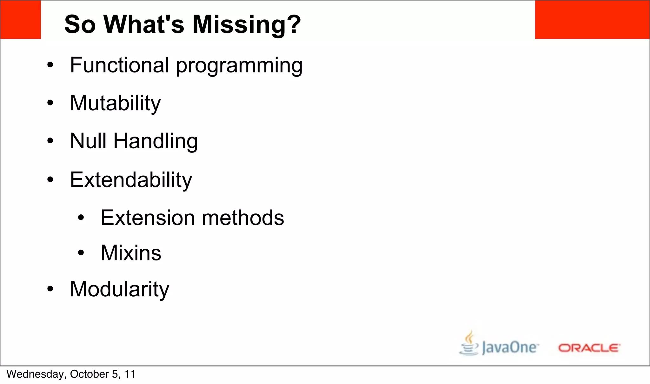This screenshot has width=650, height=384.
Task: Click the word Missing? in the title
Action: (x=247, y=24)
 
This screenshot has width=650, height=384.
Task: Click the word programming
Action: (x=239, y=66)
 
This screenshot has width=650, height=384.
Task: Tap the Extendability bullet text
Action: (x=131, y=180)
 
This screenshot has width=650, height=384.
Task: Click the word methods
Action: (x=243, y=218)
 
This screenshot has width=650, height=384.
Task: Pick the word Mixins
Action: (x=131, y=253)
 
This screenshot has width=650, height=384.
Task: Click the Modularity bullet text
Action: (x=119, y=289)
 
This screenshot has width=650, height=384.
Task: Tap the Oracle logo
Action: (x=589, y=348)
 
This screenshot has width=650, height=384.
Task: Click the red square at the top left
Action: (x=20, y=20)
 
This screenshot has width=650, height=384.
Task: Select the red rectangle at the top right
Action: (x=592, y=20)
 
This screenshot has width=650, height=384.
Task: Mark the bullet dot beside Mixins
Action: (x=81, y=253)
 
